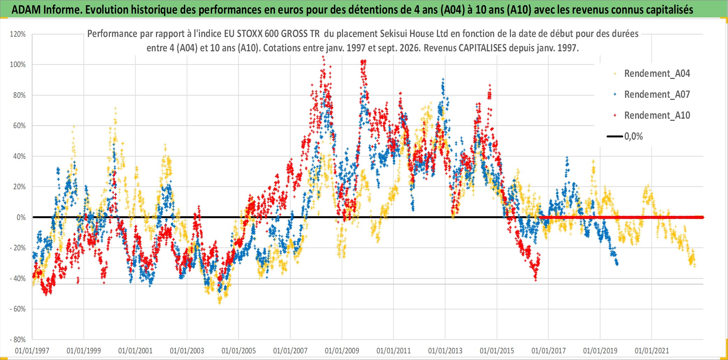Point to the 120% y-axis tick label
[18, 34]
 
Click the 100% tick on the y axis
[18, 65]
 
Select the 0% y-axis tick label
[21, 218]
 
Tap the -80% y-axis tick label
[18, 339]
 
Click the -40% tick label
[18, 279]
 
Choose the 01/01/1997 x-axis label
[32, 351]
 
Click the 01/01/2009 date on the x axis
[342, 351]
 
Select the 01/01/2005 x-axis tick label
[239, 351]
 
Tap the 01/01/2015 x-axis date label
[497, 351]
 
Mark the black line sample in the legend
[615, 137]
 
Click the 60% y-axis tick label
[20, 126]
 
